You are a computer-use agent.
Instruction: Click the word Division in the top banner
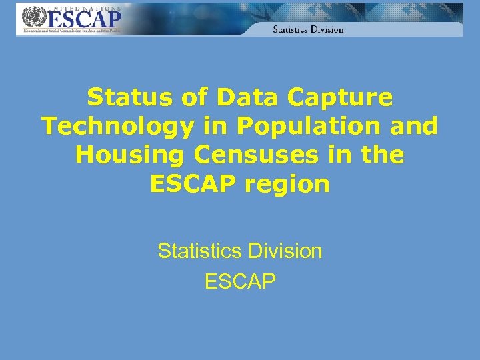tap(329, 29)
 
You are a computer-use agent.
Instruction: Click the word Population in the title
tap(291, 126)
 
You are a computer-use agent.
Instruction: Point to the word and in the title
tap(415, 126)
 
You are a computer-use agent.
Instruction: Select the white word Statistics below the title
tap(199, 251)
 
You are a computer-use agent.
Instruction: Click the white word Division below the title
tap(285, 251)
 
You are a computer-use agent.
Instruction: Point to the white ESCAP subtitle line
tap(240, 281)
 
